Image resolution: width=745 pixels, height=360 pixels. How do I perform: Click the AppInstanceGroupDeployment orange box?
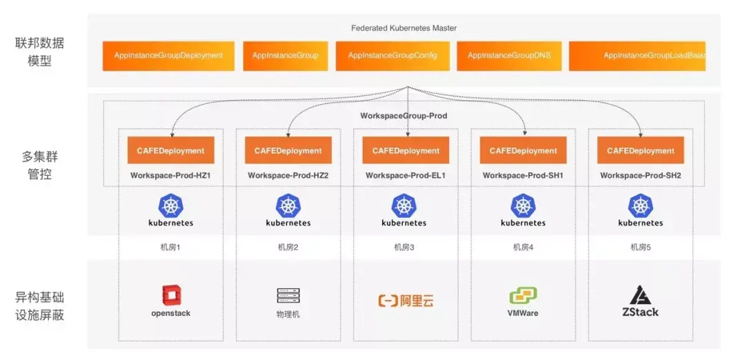click(168, 56)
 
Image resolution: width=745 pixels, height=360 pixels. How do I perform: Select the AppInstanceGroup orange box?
click(286, 56)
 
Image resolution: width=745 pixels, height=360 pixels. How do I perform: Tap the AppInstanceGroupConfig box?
click(393, 56)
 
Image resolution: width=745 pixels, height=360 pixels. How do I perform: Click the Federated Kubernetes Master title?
click(404, 28)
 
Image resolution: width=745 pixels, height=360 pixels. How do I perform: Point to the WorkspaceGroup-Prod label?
click(404, 116)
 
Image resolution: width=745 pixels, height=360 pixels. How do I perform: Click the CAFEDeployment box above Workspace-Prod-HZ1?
click(171, 150)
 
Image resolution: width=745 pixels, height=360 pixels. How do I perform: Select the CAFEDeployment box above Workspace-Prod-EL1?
click(406, 150)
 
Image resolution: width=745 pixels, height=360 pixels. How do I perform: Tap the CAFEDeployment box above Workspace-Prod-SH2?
click(641, 150)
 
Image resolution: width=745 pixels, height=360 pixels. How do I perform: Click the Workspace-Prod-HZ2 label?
click(288, 176)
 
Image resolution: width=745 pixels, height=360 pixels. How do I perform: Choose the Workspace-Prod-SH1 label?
click(523, 176)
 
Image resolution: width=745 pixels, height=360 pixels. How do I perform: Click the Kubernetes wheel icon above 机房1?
click(170, 206)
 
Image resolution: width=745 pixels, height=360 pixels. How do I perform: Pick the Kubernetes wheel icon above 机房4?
click(523, 206)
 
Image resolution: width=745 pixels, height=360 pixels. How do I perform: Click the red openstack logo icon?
click(170, 295)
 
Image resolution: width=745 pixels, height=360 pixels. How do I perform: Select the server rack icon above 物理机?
click(288, 295)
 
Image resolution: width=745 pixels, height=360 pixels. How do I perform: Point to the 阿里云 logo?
click(406, 301)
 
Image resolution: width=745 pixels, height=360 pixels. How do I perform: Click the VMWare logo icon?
click(523, 296)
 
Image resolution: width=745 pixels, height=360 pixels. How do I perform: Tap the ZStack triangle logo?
click(641, 295)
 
